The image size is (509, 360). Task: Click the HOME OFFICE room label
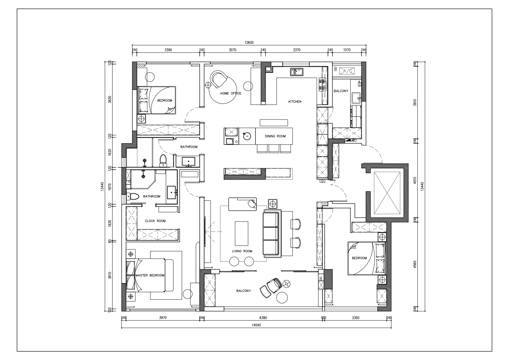pyautogui.click(x=231, y=93)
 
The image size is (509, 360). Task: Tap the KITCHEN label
pyautogui.click(x=295, y=102)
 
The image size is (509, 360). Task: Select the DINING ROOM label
pyautogui.click(x=275, y=136)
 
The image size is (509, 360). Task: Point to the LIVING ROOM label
pyautogui.click(x=242, y=251)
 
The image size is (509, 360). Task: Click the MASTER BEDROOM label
pyautogui.click(x=150, y=275)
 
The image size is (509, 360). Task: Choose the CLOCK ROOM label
pyautogui.click(x=155, y=221)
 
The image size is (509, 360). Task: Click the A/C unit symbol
pyautogui.click(x=347, y=71)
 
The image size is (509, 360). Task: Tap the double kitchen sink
pyautogui.click(x=296, y=72)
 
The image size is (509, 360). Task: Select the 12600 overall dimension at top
pyautogui.click(x=249, y=43)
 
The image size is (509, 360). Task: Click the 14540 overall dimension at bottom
pyautogui.click(x=256, y=325)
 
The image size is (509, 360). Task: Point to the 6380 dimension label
pyautogui.click(x=263, y=318)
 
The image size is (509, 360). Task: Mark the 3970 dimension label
pyautogui.click(x=163, y=318)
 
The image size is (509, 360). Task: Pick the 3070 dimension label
pyautogui.click(x=233, y=50)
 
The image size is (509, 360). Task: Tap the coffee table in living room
pyautogui.click(x=242, y=234)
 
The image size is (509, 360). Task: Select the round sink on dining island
pyautogui.click(x=247, y=136)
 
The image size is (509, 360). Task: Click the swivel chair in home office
pyautogui.click(x=219, y=79)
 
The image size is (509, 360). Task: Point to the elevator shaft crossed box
pyautogui.click(x=387, y=193)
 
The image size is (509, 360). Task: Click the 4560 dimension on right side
pyautogui.click(x=415, y=264)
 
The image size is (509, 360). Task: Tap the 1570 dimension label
pyautogui.click(x=347, y=50)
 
